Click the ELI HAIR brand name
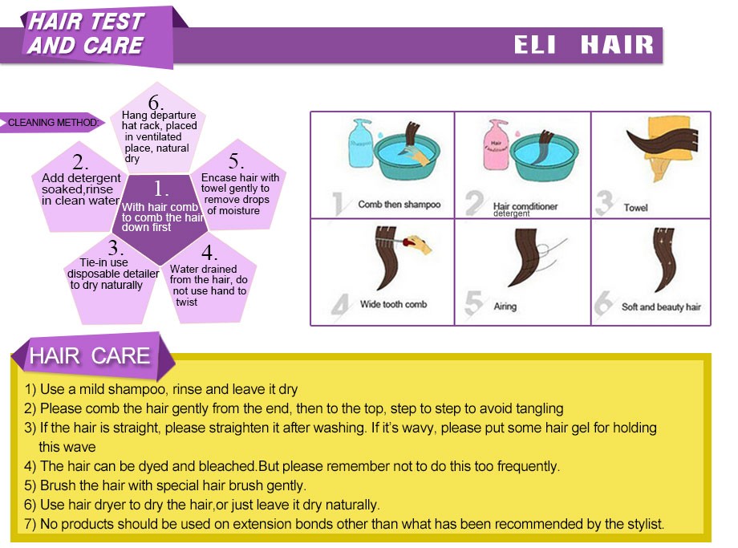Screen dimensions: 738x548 coord(584,45)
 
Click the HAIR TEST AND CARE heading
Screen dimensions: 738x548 coord(86,34)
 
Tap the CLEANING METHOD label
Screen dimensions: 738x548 coord(53,123)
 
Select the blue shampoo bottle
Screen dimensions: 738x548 coord(360,143)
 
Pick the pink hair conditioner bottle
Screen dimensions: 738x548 coord(496,144)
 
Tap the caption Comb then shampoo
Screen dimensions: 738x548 coord(399,205)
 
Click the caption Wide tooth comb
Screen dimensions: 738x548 coord(394,304)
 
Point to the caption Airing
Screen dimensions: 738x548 coord(505,306)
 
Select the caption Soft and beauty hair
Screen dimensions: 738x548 coord(661,307)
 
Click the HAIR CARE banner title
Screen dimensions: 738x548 coord(89,355)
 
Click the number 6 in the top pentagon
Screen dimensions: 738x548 coord(156,102)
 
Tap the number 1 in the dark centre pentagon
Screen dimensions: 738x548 coord(160,189)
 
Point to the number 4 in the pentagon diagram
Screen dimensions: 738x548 coord(209,253)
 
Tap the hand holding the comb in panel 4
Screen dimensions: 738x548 coord(419,244)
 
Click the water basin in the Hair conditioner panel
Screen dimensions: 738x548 coord(544,156)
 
